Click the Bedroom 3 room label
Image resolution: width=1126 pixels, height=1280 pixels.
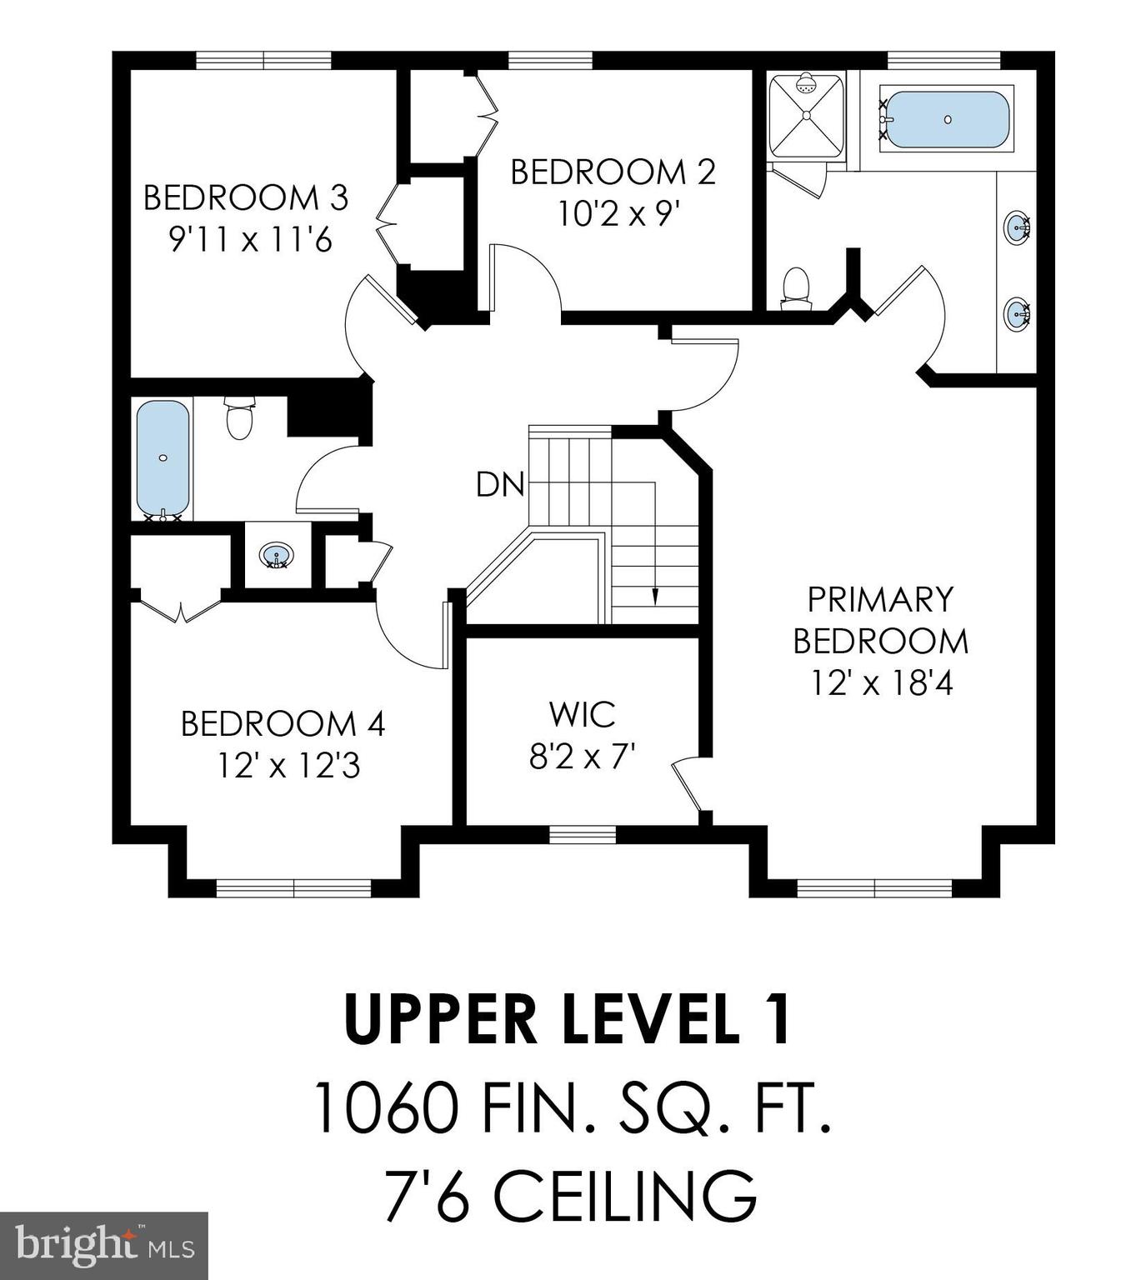245,198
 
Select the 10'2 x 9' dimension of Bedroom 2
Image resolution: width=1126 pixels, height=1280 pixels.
614,215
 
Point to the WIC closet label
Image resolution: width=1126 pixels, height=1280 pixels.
582,714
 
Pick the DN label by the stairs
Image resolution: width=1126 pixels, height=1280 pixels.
499,485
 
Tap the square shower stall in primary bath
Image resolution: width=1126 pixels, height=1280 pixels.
806,115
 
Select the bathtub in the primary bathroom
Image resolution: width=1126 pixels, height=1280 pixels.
946,120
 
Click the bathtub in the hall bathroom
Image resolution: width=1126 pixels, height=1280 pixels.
163,459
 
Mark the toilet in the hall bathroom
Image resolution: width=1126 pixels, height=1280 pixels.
239,418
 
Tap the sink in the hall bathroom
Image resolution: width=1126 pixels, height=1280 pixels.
276,555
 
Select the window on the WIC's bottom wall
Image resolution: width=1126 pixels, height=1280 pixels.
583,834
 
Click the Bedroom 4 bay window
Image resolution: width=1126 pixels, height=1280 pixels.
293,888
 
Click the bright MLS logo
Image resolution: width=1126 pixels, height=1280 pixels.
103,1246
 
